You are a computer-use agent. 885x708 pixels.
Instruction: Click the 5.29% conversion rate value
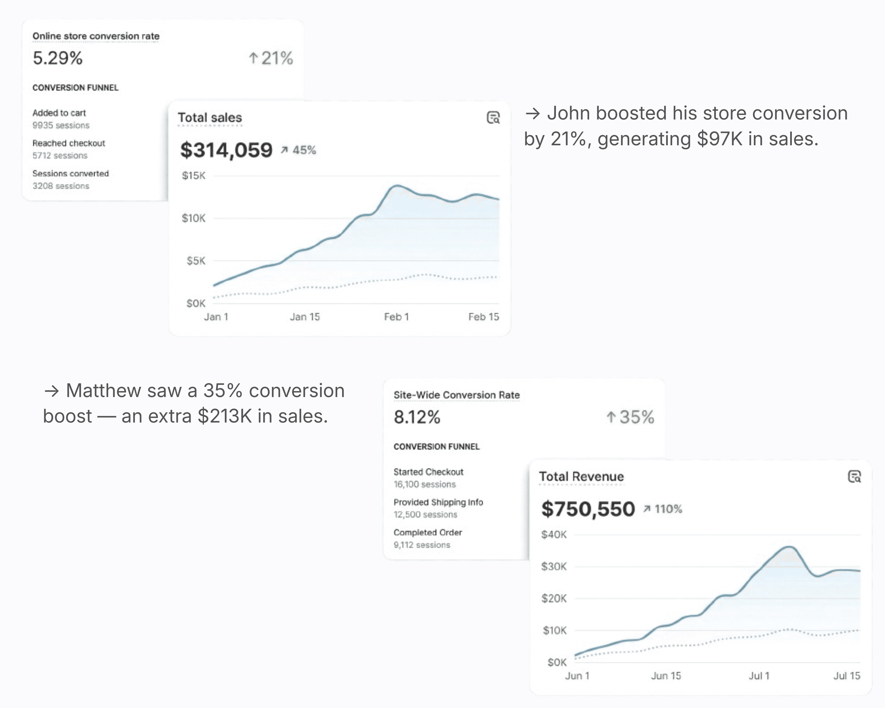tap(57, 58)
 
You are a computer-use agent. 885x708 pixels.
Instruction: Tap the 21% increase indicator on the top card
tap(271, 58)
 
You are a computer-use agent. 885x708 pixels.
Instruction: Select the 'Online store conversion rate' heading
tap(96, 36)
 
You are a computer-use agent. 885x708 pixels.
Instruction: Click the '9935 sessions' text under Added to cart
tap(61, 125)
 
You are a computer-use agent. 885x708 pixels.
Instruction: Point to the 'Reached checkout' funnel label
tap(69, 143)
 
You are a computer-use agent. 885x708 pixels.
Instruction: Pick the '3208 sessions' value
tap(61, 186)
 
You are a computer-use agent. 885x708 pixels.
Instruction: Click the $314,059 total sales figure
tap(226, 150)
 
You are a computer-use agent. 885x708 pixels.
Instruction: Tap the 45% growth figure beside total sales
tap(304, 150)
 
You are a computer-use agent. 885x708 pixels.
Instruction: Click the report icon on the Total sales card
tap(493, 118)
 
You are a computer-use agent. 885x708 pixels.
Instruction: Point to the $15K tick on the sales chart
tap(193, 176)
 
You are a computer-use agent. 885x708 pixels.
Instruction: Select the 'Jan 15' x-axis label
tap(304, 317)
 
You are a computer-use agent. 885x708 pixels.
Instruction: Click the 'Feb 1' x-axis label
tap(396, 317)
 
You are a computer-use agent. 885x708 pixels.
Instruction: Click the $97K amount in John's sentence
tap(720, 139)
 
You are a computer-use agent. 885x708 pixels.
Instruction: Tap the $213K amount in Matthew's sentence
tap(225, 416)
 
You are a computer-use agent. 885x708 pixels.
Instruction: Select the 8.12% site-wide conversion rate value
tap(417, 417)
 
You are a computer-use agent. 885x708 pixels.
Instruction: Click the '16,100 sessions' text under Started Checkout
tap(425, 484)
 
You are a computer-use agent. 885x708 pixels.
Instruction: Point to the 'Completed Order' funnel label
tap(427, 532)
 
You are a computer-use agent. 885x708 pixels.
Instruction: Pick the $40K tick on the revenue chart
tap(554, 534)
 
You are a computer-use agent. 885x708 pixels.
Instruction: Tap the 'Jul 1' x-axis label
tap(759, 676)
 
